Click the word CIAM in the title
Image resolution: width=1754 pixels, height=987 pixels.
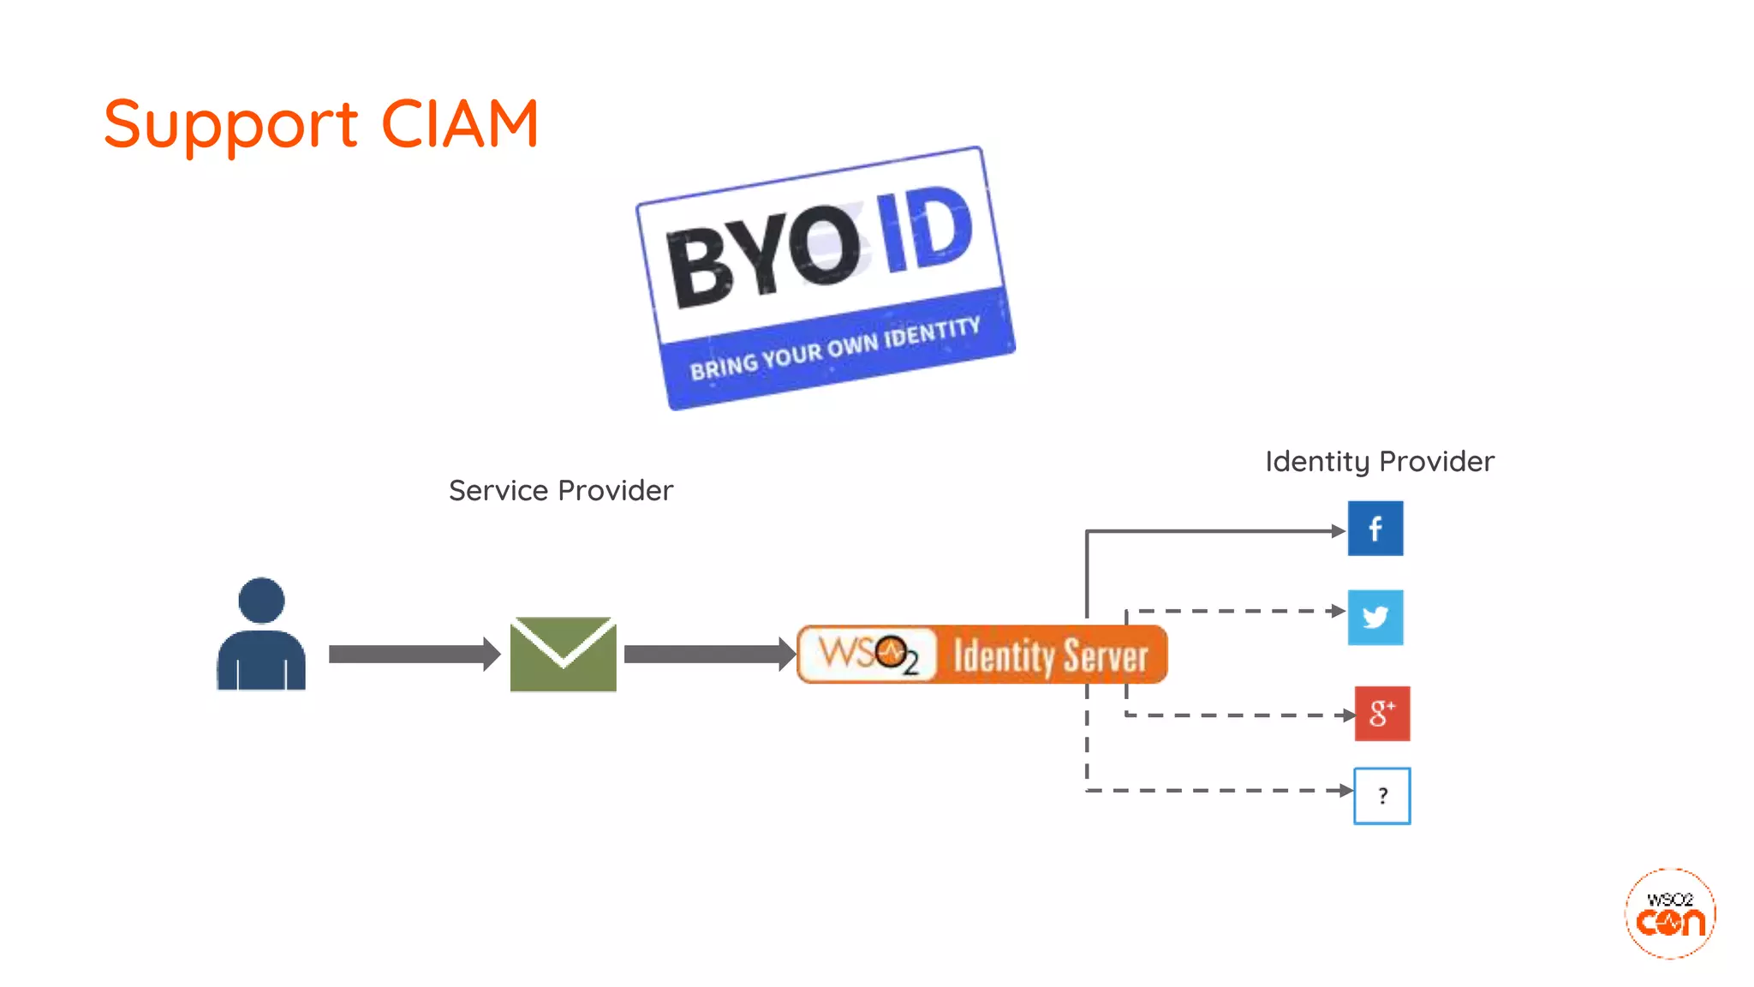[459, 124]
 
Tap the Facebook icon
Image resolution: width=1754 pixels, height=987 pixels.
[1375, 529]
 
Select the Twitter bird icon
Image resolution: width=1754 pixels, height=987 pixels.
[1375, 617]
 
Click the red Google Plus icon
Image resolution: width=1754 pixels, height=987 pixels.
[1381, 713]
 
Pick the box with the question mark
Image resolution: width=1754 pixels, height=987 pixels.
[1381, 796]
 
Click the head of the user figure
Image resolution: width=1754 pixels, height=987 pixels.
[261, 600]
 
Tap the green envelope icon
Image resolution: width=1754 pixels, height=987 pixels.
[563, 654]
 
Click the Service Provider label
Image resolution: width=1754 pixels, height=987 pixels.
[561, 490]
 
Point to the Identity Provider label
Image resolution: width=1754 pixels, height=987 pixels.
[1379, 461]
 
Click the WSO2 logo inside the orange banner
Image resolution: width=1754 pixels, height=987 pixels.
[868, 655]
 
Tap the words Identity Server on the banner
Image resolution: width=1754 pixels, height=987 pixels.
[1050, 656]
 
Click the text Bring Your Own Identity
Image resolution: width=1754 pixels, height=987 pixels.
[835, 350]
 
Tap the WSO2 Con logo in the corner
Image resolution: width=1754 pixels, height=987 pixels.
[1669, 913]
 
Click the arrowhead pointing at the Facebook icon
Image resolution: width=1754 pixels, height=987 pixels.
[1339, 531]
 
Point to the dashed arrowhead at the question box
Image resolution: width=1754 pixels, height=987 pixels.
[1345, 790]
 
